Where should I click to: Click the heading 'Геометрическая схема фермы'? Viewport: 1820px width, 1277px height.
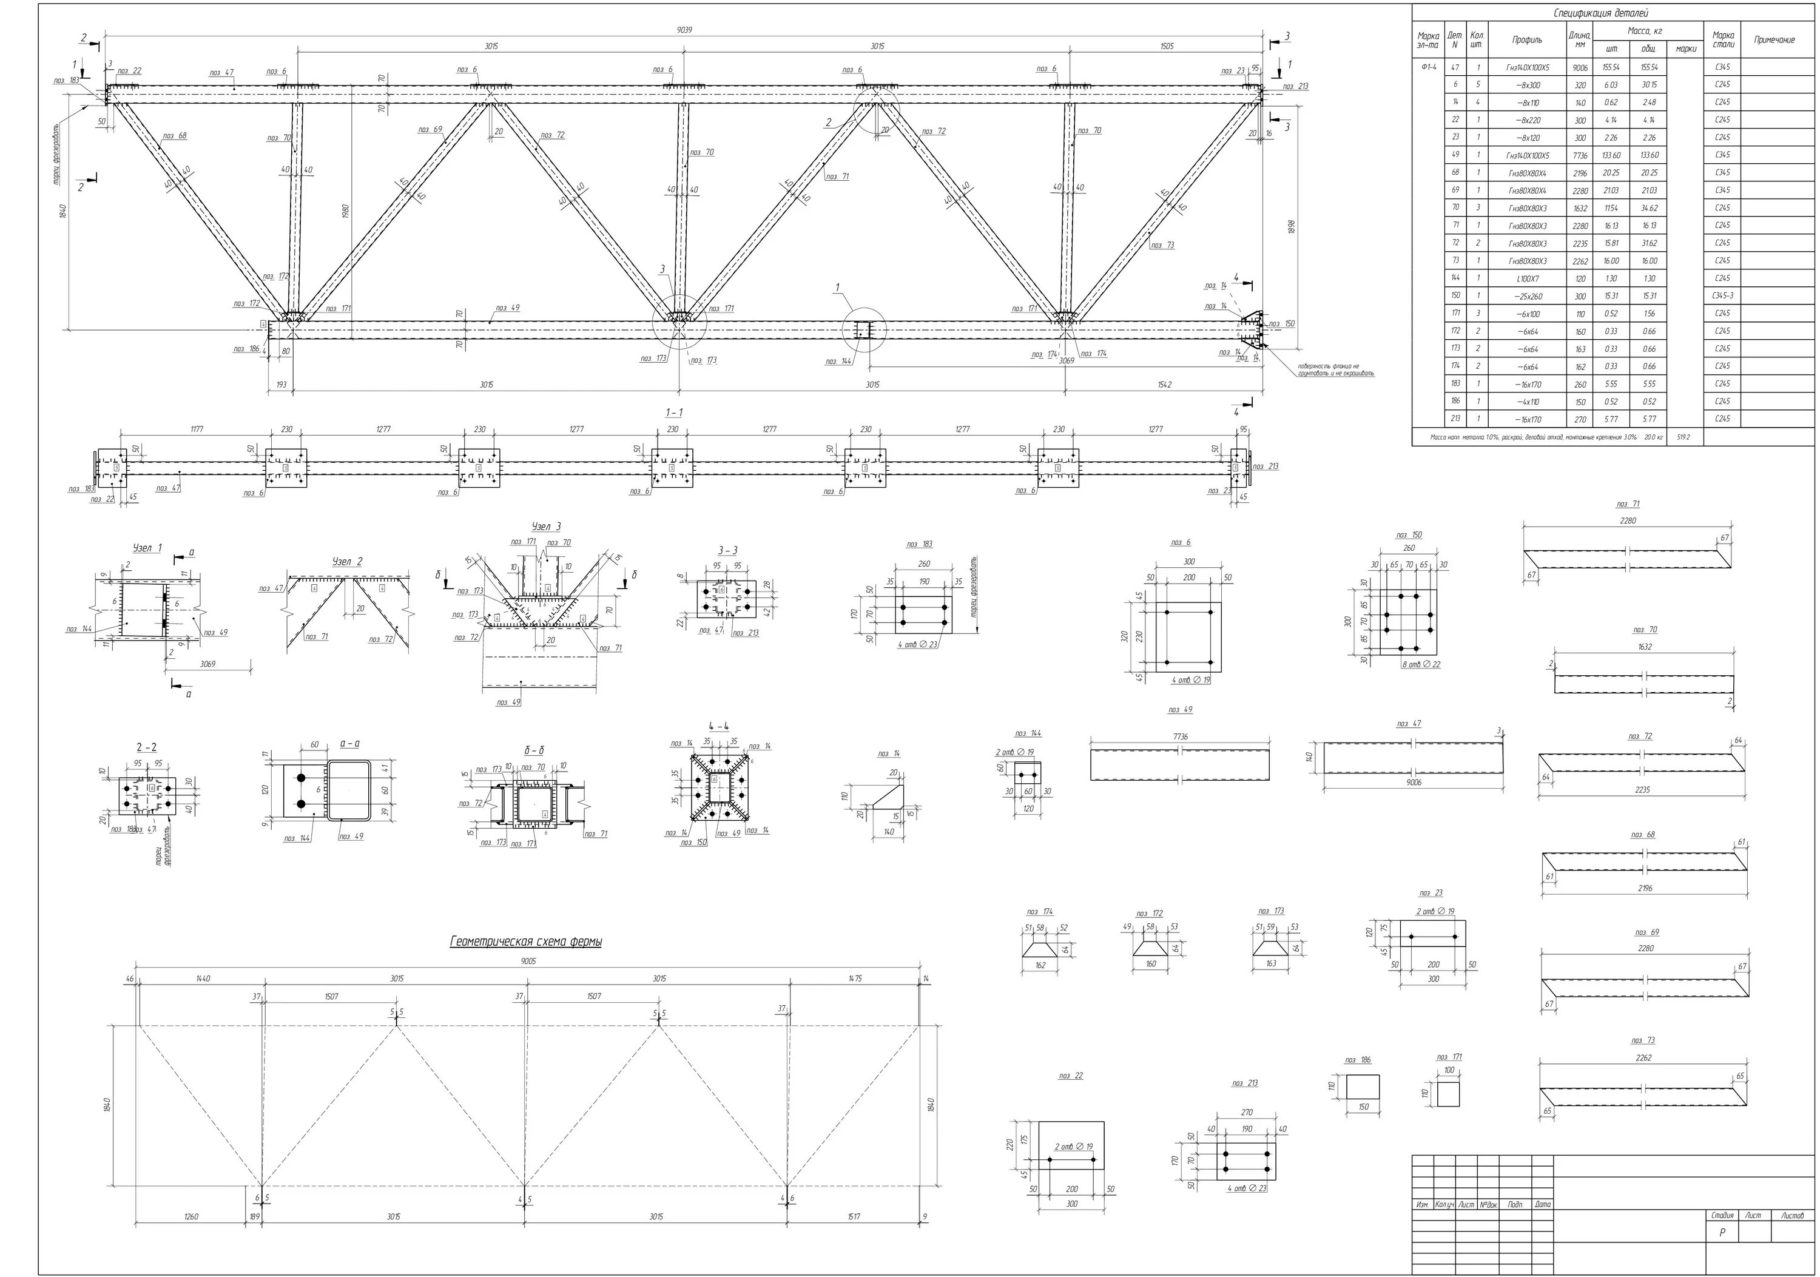[525, 942]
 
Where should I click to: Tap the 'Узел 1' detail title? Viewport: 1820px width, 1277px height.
[147, 548]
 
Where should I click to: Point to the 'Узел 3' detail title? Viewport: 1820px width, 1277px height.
[546, 527]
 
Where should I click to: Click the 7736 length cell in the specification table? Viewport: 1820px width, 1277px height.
[1579, 155]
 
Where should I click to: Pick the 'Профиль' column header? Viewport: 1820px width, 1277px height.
[1526, 39]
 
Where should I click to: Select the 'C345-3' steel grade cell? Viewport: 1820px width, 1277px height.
[1722, 295]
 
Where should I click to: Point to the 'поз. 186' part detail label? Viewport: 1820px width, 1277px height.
[1358, 1060]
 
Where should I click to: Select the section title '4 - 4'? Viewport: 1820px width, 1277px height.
[719, 726]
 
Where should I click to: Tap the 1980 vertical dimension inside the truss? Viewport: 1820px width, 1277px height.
[346, 212]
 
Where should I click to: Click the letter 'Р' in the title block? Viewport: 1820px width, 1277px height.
[1721, 1233]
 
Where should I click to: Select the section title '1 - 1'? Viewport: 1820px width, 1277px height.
[674, 412]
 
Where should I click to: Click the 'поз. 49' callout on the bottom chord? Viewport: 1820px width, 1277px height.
[507, 308]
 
